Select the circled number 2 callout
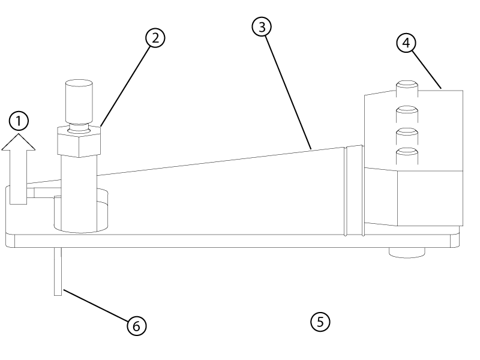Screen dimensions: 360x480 [155, 38]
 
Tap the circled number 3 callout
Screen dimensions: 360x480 [262, 26]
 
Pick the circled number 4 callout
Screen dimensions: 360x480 [406, 43]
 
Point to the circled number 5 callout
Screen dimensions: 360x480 [320, 321]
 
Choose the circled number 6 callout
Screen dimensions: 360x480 [136, 326]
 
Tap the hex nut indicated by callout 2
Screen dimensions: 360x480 [79, 141]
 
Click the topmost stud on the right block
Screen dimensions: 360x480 [406, 89]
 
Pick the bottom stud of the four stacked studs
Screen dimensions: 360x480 [406, 157]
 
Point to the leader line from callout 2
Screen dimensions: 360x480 [126, 84]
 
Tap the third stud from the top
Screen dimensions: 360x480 [406, 134]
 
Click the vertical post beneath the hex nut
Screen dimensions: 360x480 [78, 192]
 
